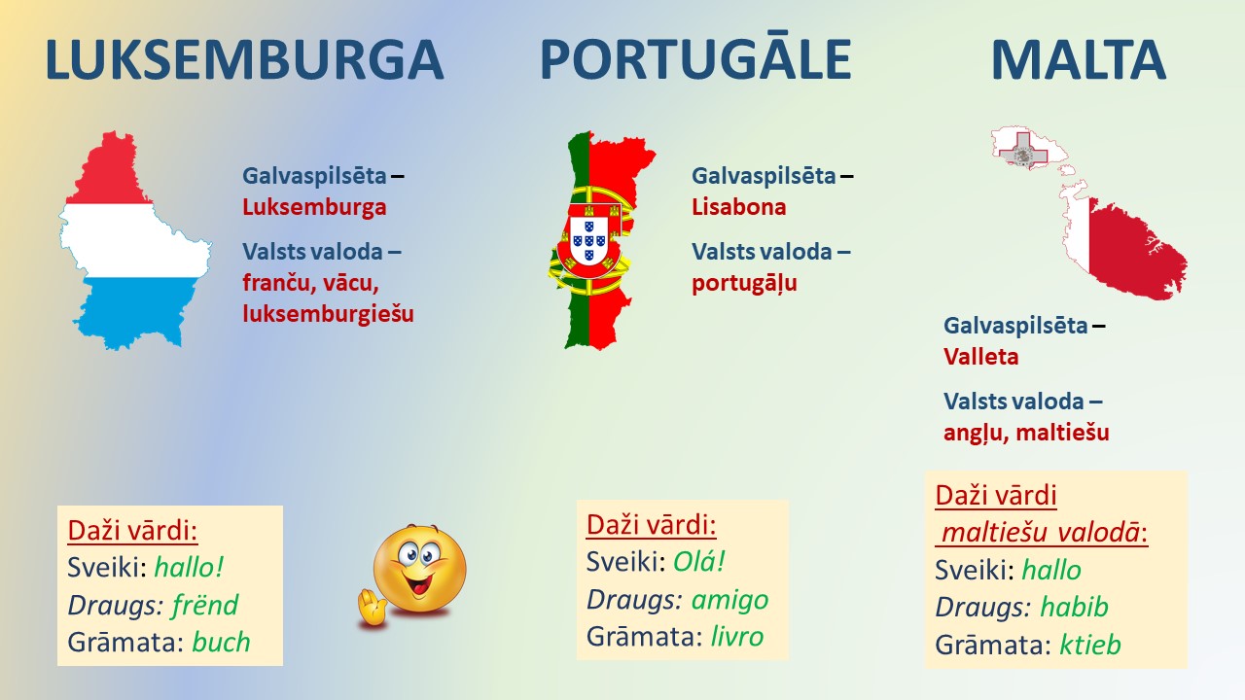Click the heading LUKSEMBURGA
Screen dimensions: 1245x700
click(x=244, y=60)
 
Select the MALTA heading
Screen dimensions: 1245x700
click(x=1079, y=60)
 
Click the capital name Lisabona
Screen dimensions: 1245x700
click(x=738, y=207)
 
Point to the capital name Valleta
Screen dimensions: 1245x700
click(x=981, y=357)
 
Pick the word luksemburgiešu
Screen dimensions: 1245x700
click(x=328, y=314)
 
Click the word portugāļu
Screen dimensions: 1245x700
click(x=744, y=283)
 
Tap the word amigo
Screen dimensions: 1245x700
click(x=729, y=600)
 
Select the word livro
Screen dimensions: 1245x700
click(x=737, y=637)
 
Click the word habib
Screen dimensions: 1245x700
click(x=1074, y=606)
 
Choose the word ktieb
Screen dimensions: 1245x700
click(x=1090, y=645)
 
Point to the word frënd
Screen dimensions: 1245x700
click(x=205, y=605)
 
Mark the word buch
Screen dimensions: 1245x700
click(x=221, y=643)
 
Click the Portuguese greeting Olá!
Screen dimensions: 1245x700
click(x=699, y=562)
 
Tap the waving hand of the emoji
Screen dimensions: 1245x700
click(x=372, y=609)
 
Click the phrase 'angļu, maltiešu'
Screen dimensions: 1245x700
click(x=1026, y=433)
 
